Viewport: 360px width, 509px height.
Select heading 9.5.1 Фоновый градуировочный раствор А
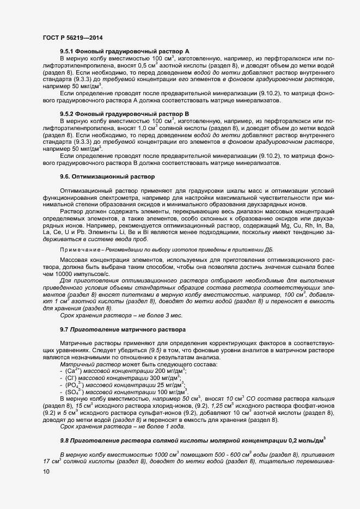(124, 50)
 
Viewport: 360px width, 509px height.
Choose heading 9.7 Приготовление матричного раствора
(123, 330)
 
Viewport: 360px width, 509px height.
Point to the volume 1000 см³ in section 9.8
(154, 438)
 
